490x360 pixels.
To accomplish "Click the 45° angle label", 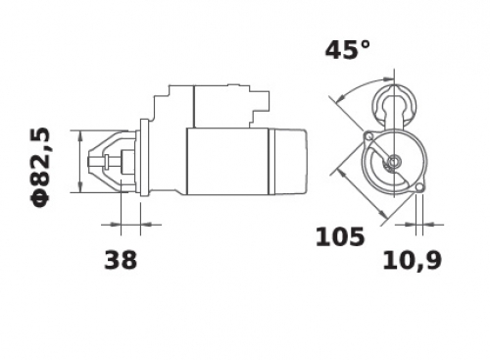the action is coord(348,50).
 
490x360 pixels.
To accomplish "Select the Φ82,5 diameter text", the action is coord(40,168).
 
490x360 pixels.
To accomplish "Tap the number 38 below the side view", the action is coord(121,260).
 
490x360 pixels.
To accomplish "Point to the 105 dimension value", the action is coord(340,236).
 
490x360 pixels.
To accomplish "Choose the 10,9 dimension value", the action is coord(413,261).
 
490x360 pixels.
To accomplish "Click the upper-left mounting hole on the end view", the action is coord(368,135).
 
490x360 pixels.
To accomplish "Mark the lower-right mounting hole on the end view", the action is coord(420,187).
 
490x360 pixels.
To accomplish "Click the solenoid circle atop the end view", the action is coord(395,104).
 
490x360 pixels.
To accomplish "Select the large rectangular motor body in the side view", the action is coord(227,161).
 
